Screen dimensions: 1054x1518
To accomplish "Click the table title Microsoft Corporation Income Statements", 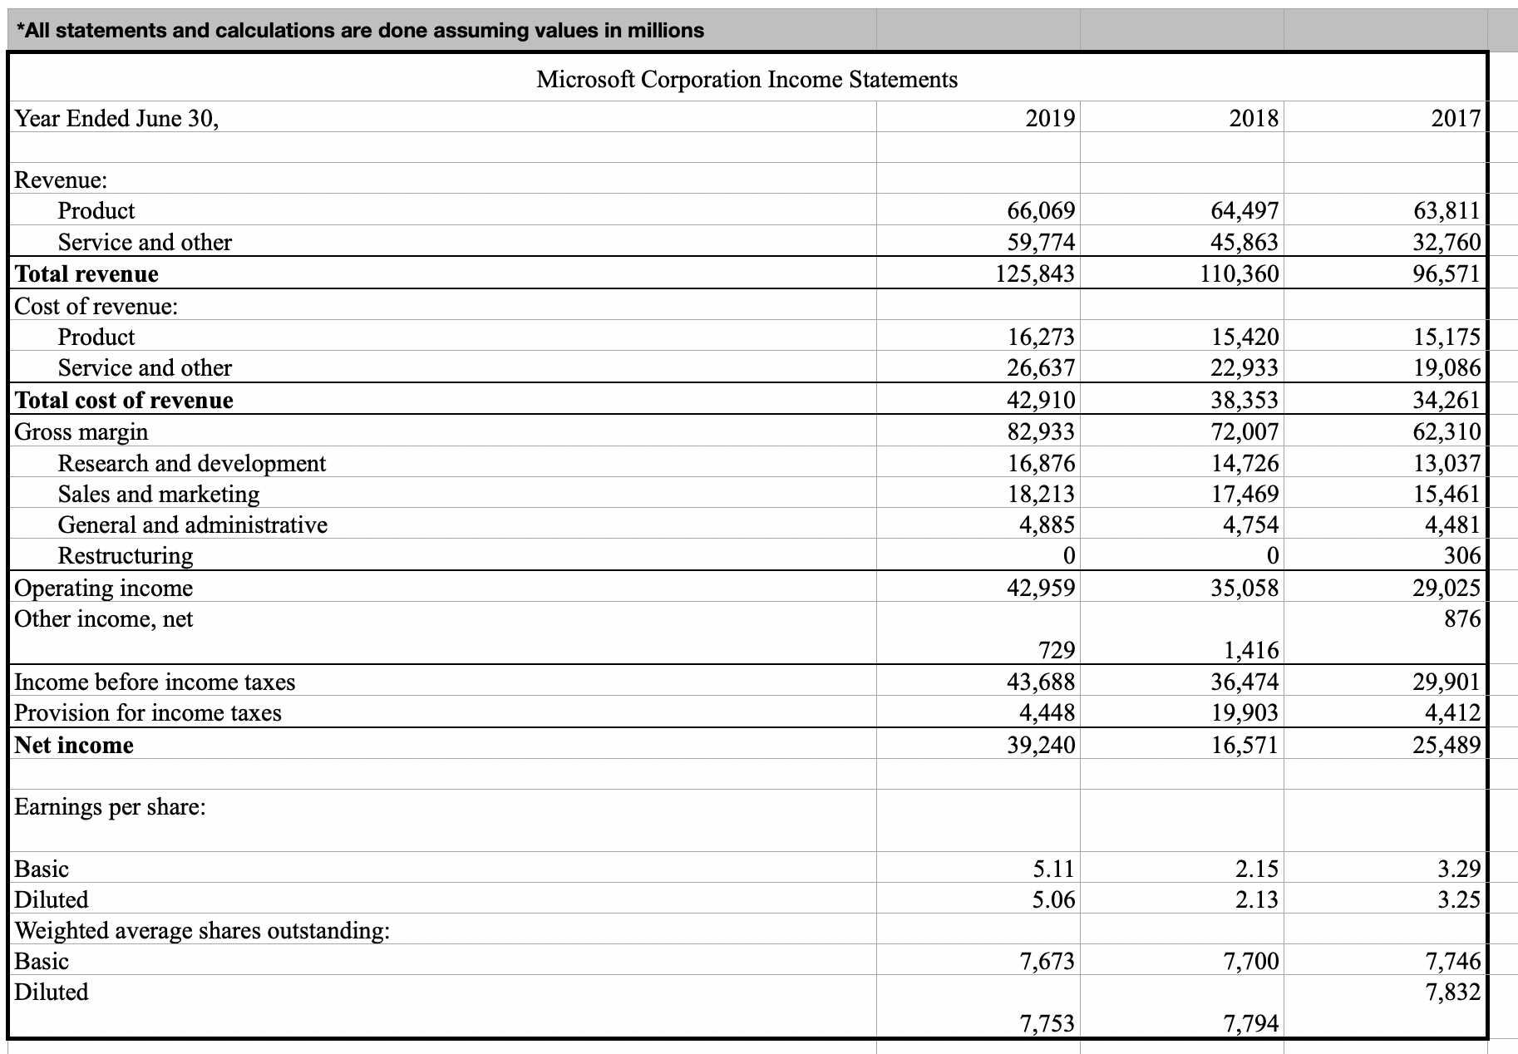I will (x=747, y=80).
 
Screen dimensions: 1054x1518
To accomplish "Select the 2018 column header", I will (x=1254, y=118).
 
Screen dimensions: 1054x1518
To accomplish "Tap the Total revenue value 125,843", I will (x=1035, y=273).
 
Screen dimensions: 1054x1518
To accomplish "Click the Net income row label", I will (x=74, y=745).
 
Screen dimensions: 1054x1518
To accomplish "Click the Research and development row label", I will (x=192, y=463).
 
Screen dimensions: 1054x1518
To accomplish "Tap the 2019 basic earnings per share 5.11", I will (x=1053, y=869).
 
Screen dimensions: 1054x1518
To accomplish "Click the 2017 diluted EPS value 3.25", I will (x=1459, y=900).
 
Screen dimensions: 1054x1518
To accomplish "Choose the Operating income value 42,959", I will (x=1041, y=589).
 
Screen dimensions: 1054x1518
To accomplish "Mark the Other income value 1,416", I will (x=1251, y=650).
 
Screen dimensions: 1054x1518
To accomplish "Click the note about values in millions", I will (x=360, y=31).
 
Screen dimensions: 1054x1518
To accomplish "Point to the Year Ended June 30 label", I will (x=117, y=118).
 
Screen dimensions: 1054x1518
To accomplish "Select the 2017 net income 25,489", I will (x=1447, y=745).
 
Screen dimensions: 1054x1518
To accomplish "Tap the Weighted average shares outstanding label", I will (x=202, y=930).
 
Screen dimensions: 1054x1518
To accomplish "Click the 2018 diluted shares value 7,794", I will (x=1251, y=1023).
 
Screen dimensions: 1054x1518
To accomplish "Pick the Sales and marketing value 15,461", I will (x=1447, y=495).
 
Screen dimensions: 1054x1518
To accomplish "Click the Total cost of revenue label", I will (x=124, y=401).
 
